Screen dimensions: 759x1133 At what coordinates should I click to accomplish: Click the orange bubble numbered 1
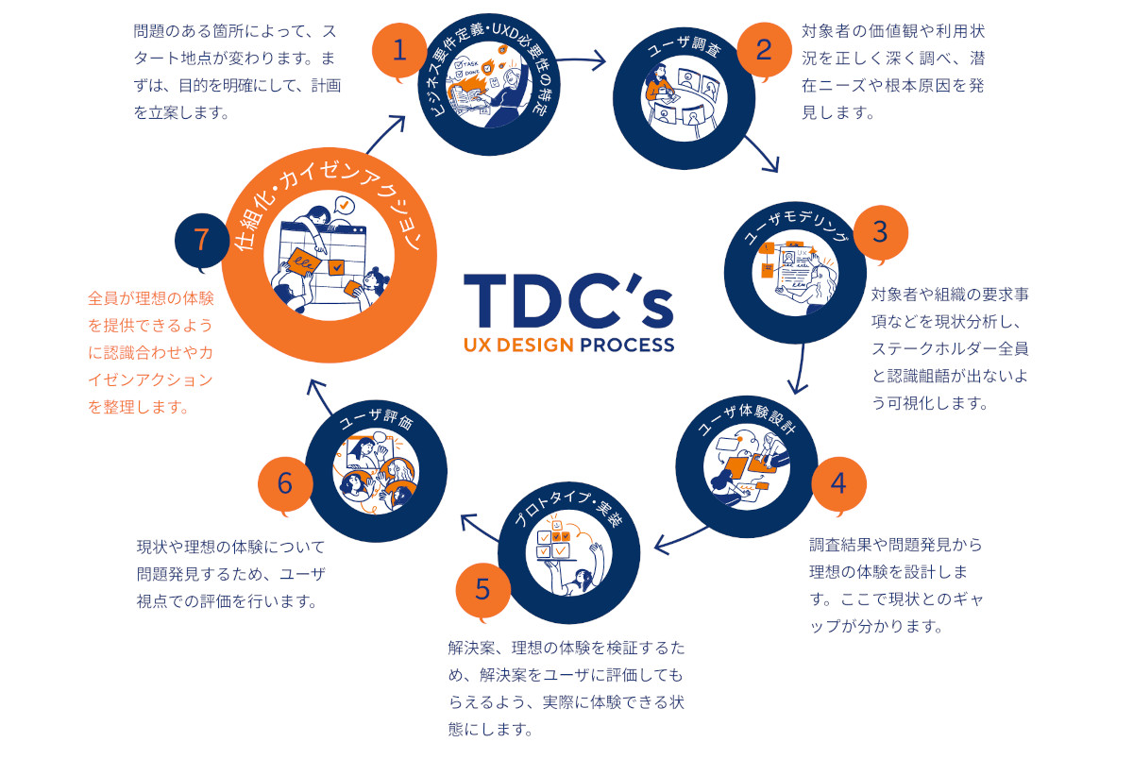point(399,50)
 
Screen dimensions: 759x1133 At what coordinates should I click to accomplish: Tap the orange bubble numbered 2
point(765,50)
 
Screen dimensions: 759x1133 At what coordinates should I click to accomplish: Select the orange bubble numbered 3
point(880,231)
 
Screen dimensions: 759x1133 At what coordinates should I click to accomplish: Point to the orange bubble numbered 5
point(482,590)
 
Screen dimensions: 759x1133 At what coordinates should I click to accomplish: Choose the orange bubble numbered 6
point(285,483)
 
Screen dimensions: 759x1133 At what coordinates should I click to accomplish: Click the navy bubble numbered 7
point(201,240)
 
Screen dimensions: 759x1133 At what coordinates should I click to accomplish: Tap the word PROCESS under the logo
point(628,345)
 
